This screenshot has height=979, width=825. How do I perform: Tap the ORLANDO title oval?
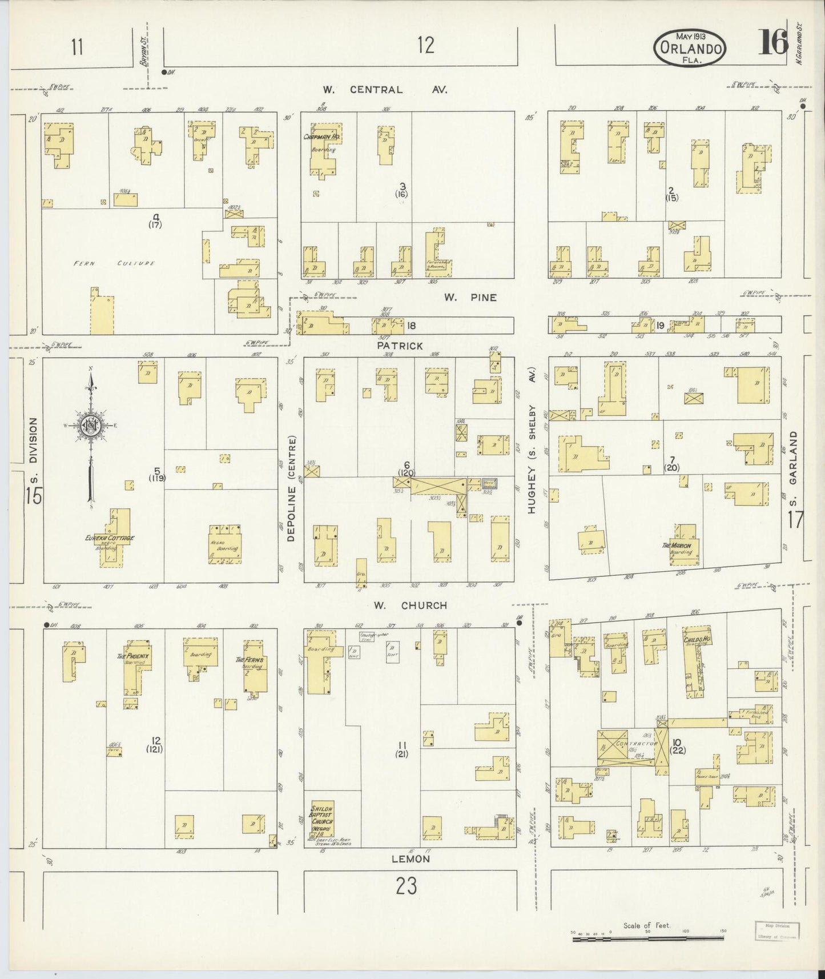[690, 48]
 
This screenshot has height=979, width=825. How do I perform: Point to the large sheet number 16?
[773, 42]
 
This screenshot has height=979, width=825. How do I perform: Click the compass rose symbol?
[90, 425]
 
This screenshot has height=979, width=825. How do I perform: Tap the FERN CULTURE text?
[114, 263]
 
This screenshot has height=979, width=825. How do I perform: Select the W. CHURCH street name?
[410, 605]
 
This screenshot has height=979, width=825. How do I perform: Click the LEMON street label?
[411, 858]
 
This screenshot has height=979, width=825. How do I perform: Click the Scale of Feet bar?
[647, 933]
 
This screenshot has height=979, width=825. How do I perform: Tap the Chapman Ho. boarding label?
[322, 137]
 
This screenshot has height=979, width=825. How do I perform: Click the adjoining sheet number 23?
[406, 886]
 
